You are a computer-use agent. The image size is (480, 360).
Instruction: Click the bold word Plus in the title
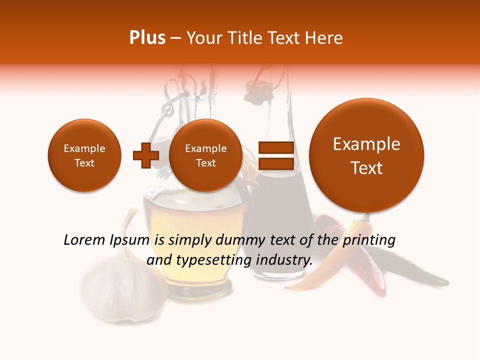tap(147, 38)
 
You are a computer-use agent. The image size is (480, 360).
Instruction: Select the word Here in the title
tap(324, 38)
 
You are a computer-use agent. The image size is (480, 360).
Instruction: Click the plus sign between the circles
tap(145, 155)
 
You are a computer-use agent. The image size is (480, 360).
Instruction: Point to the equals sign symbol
tap(275, 155)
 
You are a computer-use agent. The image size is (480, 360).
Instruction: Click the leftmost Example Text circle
tap(84, 155)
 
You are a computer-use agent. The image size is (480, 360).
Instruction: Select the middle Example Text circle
tap(206, 155)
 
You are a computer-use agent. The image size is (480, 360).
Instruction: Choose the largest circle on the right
tap(366, 155)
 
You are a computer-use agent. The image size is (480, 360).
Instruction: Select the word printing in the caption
tap(368, 240)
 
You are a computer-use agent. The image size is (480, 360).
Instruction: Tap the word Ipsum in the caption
tap(129, 240)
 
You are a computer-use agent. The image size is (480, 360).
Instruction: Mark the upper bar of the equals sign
tap(275, 147)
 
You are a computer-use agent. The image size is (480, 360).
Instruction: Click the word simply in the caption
tap(186, 240)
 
